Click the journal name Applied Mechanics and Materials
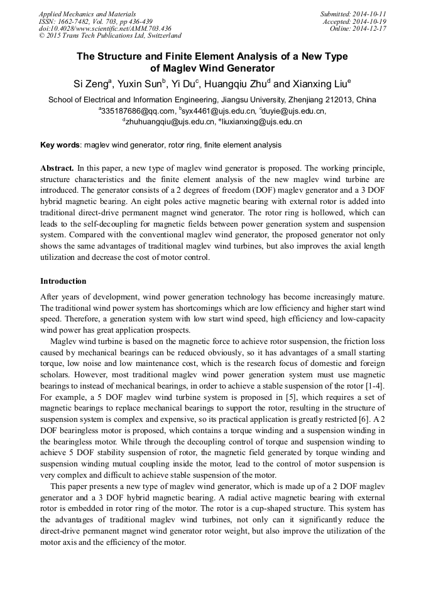87,14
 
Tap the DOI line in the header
105,29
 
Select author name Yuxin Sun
139,83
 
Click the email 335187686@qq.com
138,111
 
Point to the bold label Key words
60,145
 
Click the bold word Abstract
57,169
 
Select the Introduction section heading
63,281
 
